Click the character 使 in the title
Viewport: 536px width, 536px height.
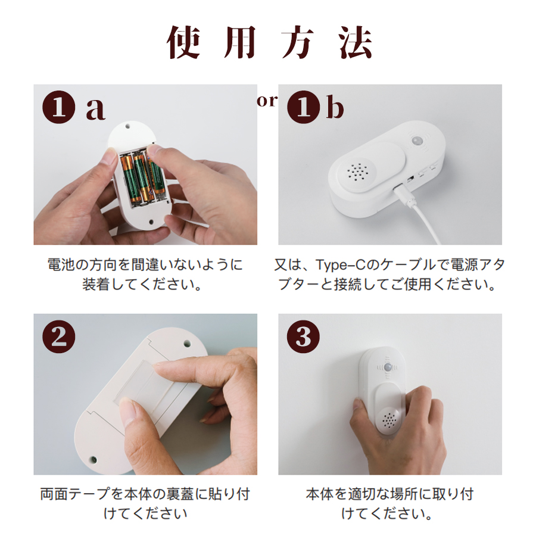coord(183,43)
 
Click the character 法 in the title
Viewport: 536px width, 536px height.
coord(355,43)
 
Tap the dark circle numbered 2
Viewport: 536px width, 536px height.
coord(59,336)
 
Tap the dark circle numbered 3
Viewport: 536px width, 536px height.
coord(304,336)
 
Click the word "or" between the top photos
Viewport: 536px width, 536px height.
coord(267,101)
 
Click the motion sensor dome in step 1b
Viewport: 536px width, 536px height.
coord(416,141)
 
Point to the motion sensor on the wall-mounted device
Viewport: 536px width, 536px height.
coord(388,367)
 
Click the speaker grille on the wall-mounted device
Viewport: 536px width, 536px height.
coord(389,420)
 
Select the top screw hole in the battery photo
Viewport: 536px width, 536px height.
coord(127,126)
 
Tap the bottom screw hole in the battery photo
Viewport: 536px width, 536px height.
coord(152,222)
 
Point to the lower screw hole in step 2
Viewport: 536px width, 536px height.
coord(93,460)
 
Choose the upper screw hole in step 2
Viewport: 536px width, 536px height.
coord(188,342)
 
